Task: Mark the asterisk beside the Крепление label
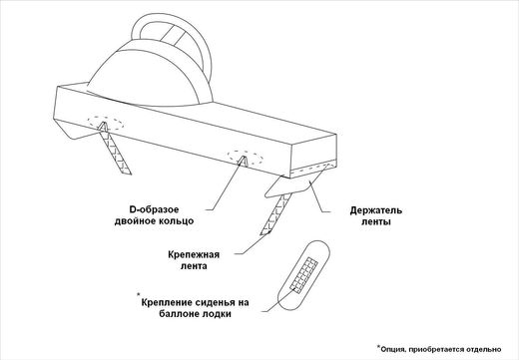138,295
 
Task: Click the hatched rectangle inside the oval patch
305,271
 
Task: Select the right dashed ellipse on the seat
244,157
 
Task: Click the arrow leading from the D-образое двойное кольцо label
227,185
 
